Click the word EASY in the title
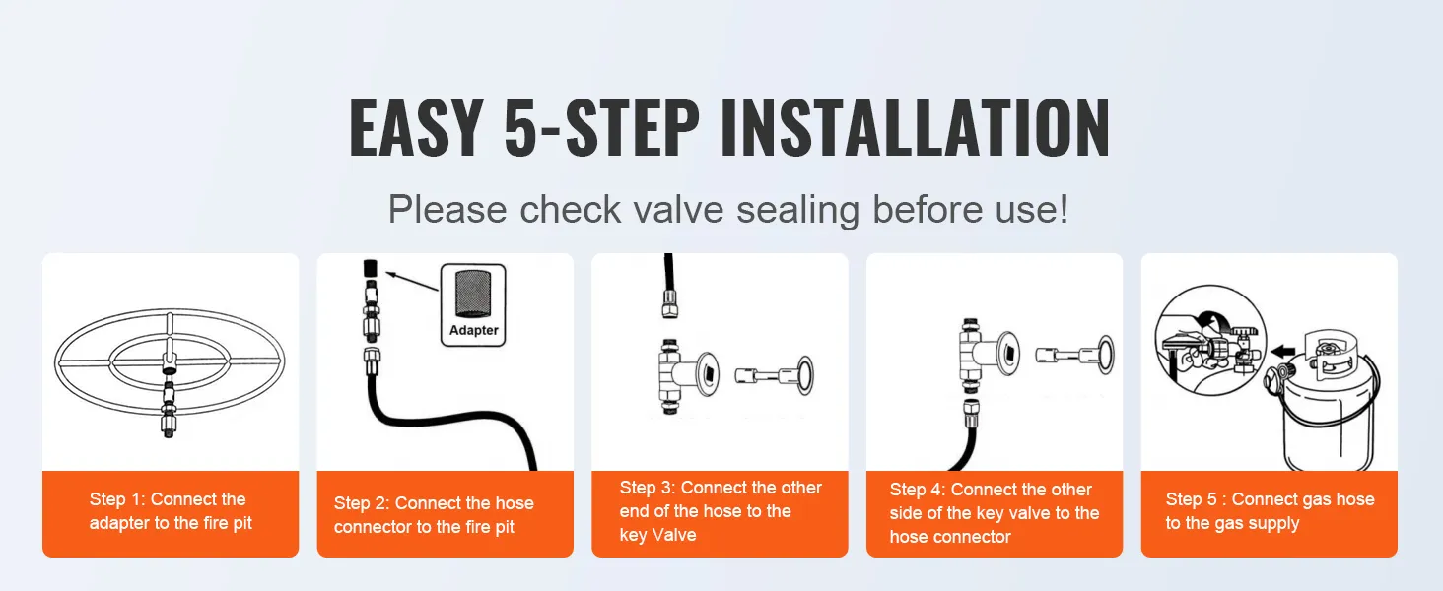pyautogui.click(x=415, y=128)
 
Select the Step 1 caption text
pyautogui.click(x=170, y=511)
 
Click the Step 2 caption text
pyautogui.click(x=434, y=515)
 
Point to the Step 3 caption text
pyautogui.click(x=720, y=511)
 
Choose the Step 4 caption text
pyautogui.click(x=994, y=513)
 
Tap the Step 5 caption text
pyautogui.click(x=1269, y=511)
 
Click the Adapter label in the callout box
pyautogui.click(x=474, y=330)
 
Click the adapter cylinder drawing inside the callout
pyautogui.click(x=473, y=295)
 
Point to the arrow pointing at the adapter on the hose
pyautogui.click(x=410, y=284)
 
